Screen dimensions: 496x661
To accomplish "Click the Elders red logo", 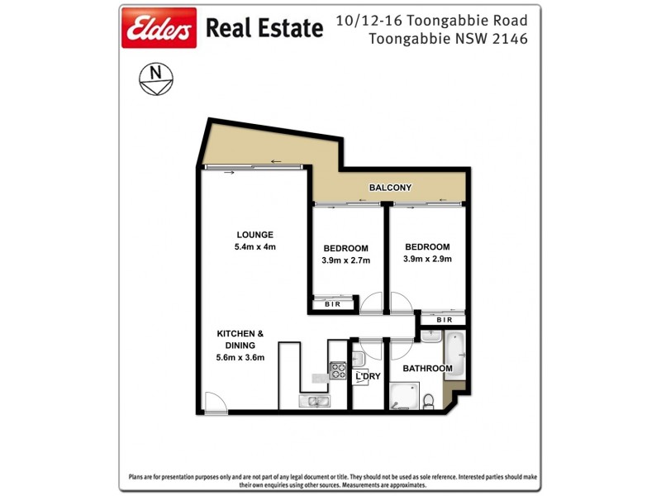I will [159, 29].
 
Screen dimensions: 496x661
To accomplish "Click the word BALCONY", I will [390, 188].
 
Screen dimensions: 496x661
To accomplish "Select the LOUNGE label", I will [254, 234].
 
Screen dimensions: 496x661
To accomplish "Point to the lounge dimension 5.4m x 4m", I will [254, 246].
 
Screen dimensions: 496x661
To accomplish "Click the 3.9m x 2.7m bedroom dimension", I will [345, 260].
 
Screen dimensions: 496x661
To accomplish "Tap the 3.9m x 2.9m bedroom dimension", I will [427, 259].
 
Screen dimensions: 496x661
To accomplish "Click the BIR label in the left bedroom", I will [333, 304].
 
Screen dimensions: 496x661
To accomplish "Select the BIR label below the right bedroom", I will [445, 320].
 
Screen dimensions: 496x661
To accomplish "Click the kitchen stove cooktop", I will [338, 370].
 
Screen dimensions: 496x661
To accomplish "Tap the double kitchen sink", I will [315, 402].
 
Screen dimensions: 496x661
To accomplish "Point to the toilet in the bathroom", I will [428, 402].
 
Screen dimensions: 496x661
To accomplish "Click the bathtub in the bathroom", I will [455, 355].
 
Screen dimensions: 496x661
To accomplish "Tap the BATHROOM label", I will [427, 368].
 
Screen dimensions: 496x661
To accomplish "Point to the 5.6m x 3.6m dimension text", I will [240, 357].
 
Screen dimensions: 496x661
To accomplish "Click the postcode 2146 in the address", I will [511, 38].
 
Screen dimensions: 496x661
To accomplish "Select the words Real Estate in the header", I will [264, 29].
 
